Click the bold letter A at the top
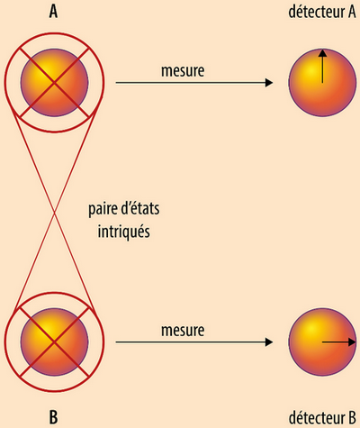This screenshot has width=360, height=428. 53,13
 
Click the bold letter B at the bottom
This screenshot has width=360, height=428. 53,417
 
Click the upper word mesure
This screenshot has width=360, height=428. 183,71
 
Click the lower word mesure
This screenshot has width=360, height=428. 183,331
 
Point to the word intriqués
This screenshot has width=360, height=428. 123,232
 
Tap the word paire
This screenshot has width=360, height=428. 103,209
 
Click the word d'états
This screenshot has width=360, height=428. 139,208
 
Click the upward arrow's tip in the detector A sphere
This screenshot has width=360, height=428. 322,50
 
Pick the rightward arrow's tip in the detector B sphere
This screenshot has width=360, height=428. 355,341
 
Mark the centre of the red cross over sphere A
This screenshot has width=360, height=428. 54,82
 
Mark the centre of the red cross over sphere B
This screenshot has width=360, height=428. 54,341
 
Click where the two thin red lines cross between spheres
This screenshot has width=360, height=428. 54,213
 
